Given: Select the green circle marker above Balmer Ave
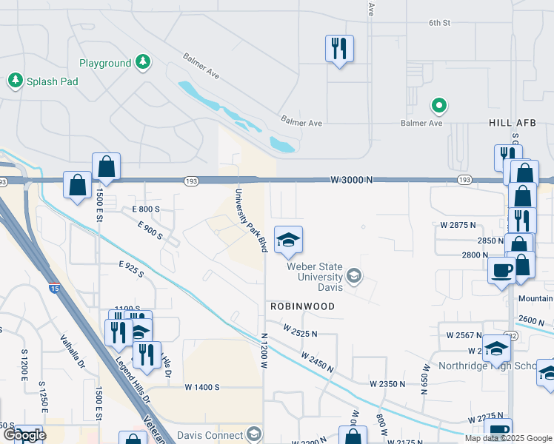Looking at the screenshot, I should coord(439,107).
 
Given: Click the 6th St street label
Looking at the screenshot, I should coord(439,23).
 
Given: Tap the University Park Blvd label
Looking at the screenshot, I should coord(250,221).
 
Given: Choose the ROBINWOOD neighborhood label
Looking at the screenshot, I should coord(301,306).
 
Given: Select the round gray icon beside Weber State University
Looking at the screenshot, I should coord(355,277).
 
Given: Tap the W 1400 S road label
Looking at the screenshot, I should coord(203,387).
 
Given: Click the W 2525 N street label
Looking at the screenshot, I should coord(300,330).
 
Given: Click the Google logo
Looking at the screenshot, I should coord(24,435).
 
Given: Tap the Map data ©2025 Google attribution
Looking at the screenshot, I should coord(507,438).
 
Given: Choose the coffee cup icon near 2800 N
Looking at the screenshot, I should coord(501,269).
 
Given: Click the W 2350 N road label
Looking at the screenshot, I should coord(388,383).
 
